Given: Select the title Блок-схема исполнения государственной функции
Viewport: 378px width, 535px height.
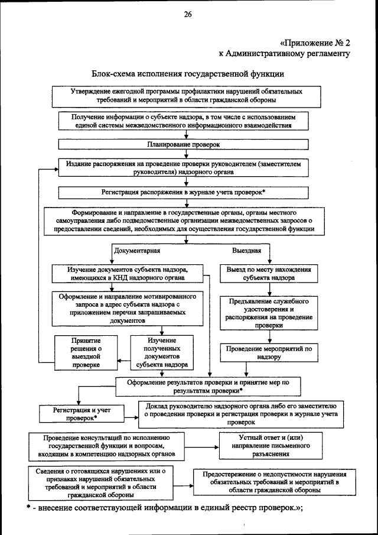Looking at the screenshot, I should coord(188,74).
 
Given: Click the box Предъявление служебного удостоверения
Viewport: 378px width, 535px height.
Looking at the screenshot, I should coord(270,313).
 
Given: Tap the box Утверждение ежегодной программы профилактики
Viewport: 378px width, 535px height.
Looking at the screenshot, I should coord(187,96).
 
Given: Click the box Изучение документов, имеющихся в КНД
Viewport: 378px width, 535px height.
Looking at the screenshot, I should coord(128,273).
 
